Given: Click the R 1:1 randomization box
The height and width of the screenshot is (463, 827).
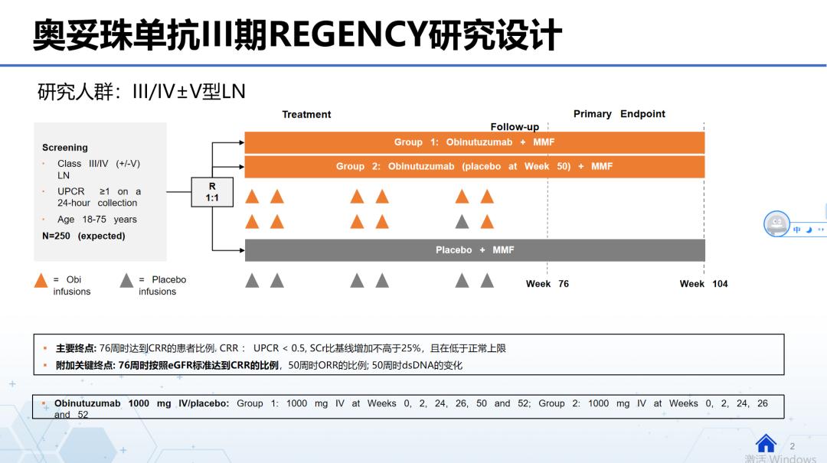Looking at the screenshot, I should click(212, 191).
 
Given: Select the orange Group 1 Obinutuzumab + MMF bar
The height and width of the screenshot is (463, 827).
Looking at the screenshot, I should click(474, 142).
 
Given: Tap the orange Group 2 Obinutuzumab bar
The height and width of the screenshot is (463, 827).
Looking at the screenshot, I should click(474, 167).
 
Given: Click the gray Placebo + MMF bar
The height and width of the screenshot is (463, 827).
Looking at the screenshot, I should click(474, 250).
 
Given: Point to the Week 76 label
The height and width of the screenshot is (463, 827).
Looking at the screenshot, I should click(547, 284).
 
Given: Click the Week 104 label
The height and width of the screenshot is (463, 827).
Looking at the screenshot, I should click(703, 284).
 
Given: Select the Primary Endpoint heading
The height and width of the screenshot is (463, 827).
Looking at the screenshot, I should click(619, 114).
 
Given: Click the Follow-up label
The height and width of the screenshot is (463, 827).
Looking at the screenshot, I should click(515, 127).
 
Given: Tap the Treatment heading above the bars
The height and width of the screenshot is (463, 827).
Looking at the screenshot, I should click(306, 115).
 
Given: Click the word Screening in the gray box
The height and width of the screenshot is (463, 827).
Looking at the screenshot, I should click(65, 148).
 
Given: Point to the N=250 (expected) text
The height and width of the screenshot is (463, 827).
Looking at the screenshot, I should click(83, 236).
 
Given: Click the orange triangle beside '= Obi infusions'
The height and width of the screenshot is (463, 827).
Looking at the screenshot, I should click(41, 281).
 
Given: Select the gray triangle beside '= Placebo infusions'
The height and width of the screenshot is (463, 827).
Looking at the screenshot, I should click(126, 281).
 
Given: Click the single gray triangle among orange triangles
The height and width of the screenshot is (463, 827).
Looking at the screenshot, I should click(462, 222).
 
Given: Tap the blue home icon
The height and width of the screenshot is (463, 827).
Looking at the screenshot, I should click(766, 443).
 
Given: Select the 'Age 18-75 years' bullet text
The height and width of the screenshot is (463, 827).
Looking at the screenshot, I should click(96, 220).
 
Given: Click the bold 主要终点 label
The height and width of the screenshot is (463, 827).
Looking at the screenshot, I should click(76, 348).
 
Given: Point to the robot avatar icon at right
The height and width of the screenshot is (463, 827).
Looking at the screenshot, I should click(776, 224).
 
